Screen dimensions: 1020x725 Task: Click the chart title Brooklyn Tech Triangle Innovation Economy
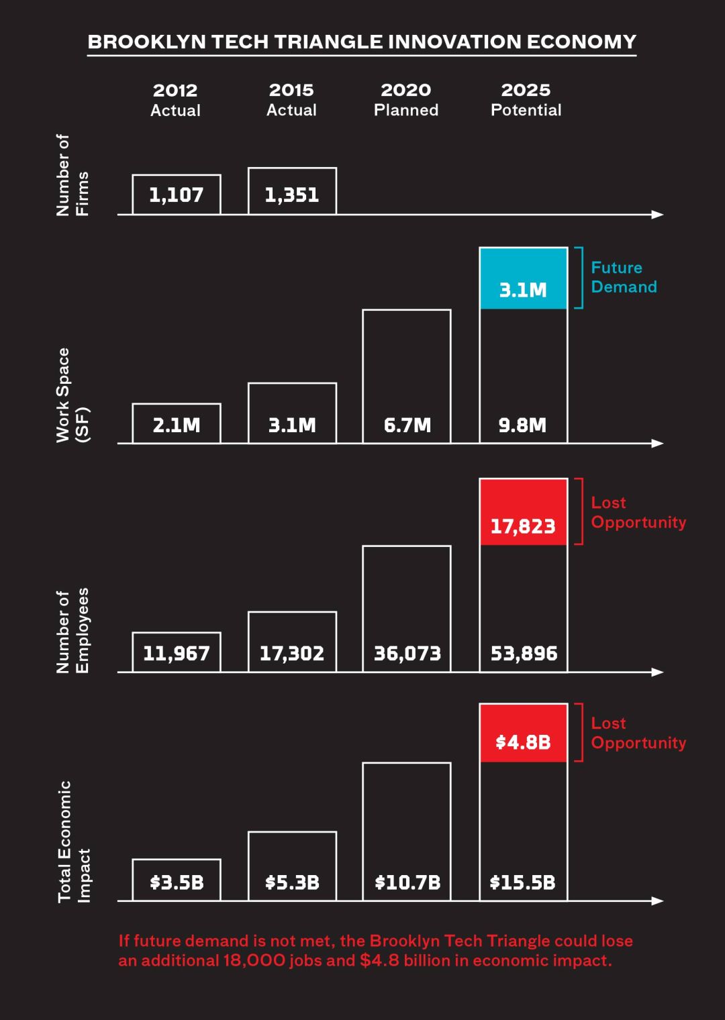pyautogui.click(x=362, y=42)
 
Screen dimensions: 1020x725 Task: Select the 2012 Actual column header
pyautogui.click(x=175, y=100)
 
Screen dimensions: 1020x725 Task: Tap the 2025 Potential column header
pyautogui.click(x=526, y=100)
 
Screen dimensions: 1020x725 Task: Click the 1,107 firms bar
pyautogui.click(x=177, y=195)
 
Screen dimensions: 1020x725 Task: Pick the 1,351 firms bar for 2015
pyautogui.click(x=292, y=191)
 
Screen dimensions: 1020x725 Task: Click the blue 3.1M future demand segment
pyautogui.click(x=523, y=278)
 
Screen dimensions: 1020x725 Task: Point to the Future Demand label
pyautogui.click(x=623, y=277)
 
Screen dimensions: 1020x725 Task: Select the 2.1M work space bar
pyautogui.click(x=177, y=423)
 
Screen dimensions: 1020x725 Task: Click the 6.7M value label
pyautogui.click(x=407, y=425)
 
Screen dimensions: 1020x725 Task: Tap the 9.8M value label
pyautogui.click(x=522, y=425)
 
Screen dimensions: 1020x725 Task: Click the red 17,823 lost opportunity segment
pyautogui.click(x=523, y=512)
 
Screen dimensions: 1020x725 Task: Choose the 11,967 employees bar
pyautogui.click(x=177, y=652)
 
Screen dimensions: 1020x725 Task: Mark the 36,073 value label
pyautogui.click(x=407, y=653)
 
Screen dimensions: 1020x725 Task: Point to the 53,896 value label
pyautogui.click(x=524, y=653)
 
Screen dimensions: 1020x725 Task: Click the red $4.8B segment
pyautogui.click(x=523, y=733)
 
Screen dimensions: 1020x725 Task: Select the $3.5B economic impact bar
pyautogui.click(x=177, y=880)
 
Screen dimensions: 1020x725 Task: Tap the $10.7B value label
pyautogui.click(x=407, y=882)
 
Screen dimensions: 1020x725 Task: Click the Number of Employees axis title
pyautogui.click(x=72, y=630)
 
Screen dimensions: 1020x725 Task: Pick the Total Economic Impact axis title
pyautogui.click(x=73, y=841)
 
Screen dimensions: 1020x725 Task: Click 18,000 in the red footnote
pyautogui.click(x=254, y=960)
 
